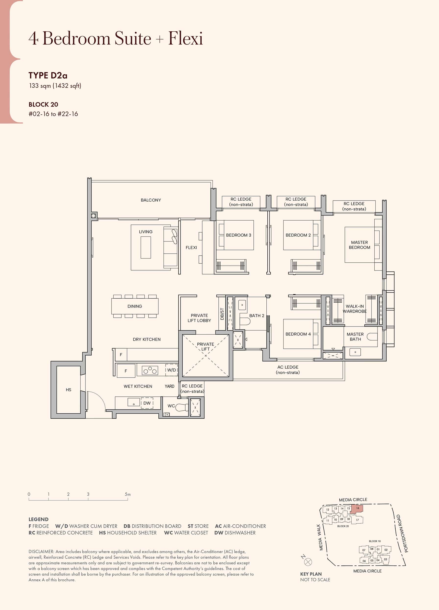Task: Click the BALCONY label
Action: (151, 200)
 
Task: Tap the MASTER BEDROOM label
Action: (359, 245)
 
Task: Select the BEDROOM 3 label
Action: (238, 235)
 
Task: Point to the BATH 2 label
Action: (257, 316)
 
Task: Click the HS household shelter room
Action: (68, 389)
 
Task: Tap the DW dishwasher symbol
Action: (147, 403)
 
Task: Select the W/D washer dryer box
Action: (171, 370)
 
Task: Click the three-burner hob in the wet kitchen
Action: (150, 371)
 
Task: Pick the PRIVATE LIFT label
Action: (205, 346)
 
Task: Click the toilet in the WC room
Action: (182, 407)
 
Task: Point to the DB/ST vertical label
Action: (222, 314)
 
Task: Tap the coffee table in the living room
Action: (146, 247)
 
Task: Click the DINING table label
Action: (135, 306)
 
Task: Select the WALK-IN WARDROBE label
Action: (355, 309)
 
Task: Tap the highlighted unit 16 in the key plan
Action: (357, 508)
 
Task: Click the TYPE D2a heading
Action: (48, 75)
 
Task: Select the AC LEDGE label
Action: (288, 370)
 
